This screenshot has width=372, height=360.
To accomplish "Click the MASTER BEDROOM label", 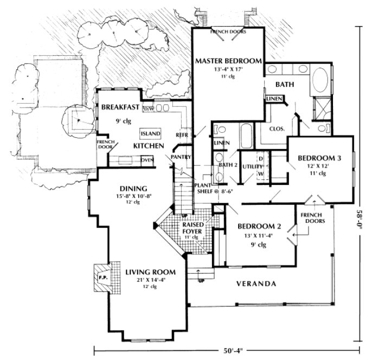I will pyautogui.click(x=228, y=60).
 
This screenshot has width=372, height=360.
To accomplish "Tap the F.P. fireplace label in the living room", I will pyautogui.click(x=102, y=277).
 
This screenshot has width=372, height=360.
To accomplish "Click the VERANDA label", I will pyautogui.click(x=255, y=284).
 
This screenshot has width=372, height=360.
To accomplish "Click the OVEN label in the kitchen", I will pyautogui.click(x=146, y=160).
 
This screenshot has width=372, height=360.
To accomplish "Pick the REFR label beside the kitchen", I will pyautogui.click(x=181, y=134).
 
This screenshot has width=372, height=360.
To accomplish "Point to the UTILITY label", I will pyautogui.click(x=249, y=167).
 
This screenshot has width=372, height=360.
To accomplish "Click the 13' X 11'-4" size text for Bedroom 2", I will pyautogui.click(x=258, y=235).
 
